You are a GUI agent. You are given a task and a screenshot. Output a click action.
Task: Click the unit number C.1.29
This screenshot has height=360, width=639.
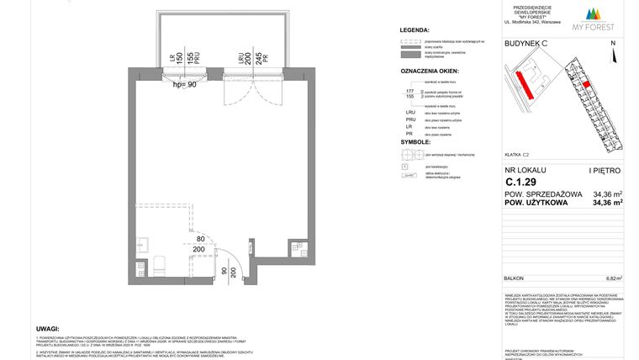(521, 182)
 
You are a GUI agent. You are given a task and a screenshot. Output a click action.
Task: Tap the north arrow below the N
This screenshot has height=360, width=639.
(613, 56)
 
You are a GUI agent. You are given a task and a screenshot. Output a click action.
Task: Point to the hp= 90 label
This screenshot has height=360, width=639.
(183, 84)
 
